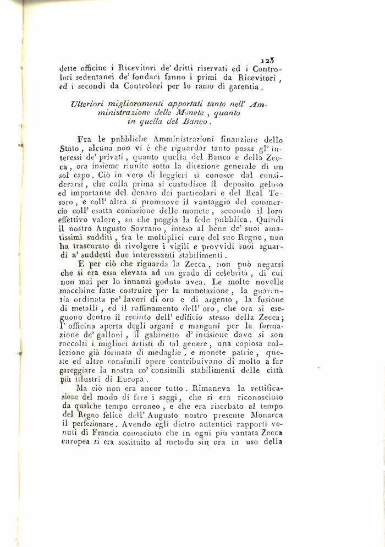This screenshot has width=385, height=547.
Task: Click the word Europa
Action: (x=130, y=379)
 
